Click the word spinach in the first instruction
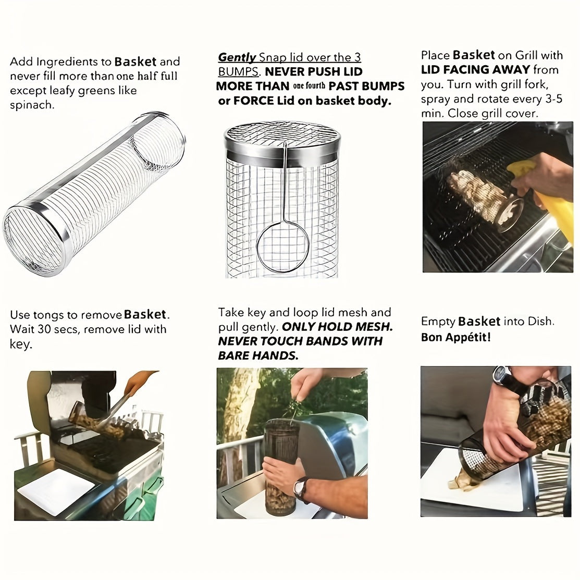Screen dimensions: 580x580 [31, 105]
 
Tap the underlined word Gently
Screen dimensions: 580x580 [237, 57]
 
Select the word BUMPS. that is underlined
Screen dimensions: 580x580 [238, 71]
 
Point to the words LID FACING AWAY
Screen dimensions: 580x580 [475, 70]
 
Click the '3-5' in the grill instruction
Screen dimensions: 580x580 [548, 98]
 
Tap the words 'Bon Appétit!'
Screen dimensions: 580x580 [455, 337]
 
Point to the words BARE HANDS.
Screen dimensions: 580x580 [257, 355]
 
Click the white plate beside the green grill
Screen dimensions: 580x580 [56, 490]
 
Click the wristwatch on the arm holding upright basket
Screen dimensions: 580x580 [300, 489]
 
